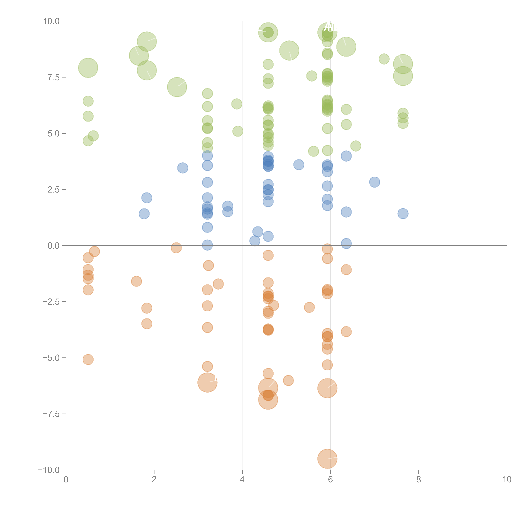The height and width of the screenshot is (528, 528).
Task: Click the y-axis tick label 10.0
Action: (51, 21)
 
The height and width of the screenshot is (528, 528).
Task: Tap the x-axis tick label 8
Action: (419, 479)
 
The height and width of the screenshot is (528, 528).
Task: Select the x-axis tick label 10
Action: (507, 479)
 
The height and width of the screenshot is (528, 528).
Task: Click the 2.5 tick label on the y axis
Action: (54, 190)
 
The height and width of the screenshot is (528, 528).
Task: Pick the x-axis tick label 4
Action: (242, 479)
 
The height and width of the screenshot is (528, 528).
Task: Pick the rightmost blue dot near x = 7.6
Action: (403, 213)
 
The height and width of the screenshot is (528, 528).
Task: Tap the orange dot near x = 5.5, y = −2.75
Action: (309, 307)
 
